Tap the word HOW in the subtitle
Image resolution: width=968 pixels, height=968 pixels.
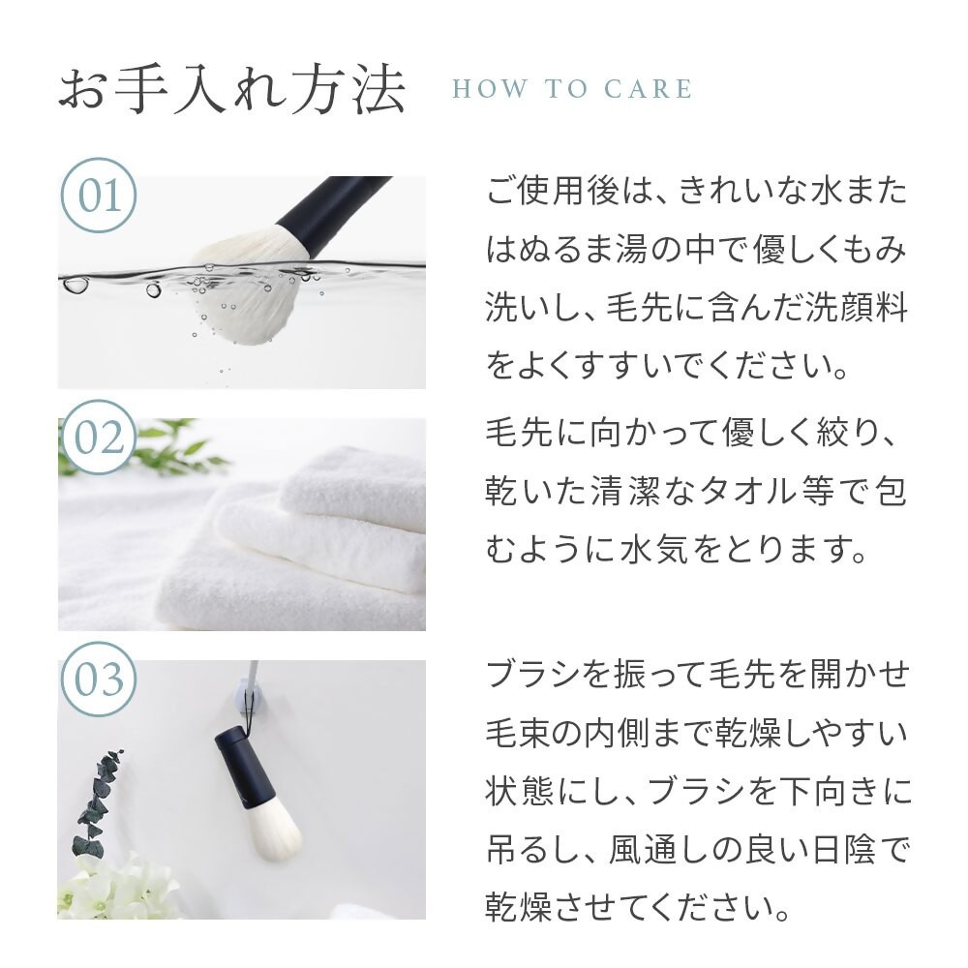pos(490,89)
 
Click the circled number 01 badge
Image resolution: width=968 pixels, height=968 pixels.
pos(99,196)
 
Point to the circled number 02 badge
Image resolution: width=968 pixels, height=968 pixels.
pos(99,438)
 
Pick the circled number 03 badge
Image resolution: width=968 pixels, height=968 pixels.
pos(99,679)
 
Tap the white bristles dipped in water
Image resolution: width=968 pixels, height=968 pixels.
pos(247,284)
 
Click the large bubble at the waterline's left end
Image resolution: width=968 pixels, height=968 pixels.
pos(76,285)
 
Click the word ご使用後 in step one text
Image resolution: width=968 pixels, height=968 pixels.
pos(552,190)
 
